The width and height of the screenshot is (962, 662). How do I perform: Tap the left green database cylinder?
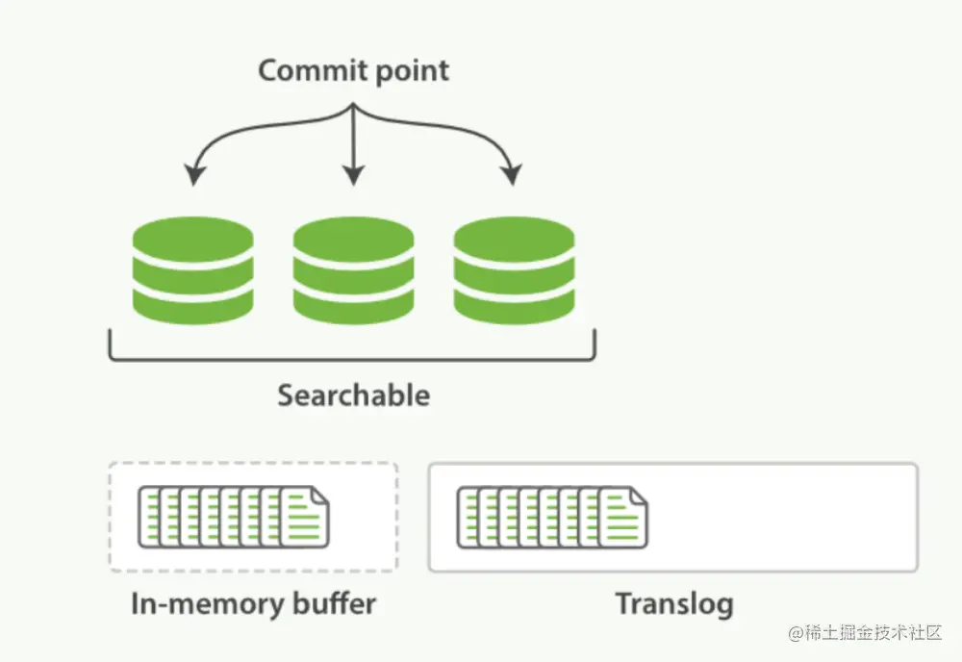tap(193, 270)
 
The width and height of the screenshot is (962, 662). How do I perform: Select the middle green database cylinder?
tap(353, 270)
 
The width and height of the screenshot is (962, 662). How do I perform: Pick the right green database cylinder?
tap(514, 270)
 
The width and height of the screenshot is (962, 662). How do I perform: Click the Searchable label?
tap(353, 395)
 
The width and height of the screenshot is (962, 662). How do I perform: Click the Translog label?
tap(673, 603)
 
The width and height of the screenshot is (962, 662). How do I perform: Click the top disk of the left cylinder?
tap(193, 236)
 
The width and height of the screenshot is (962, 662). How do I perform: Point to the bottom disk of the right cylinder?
tap(514, 306)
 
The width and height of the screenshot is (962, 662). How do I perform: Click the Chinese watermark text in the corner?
tap(865, 633)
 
